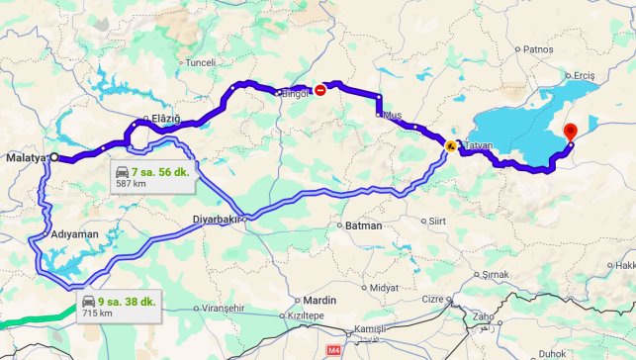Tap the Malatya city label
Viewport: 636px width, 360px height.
[26, 157]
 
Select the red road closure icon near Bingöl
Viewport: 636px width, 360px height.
[318, 90]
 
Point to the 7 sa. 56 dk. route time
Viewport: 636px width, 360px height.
[166, 171]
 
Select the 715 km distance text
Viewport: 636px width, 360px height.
[97, 313]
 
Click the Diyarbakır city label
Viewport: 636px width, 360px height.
[216, 220]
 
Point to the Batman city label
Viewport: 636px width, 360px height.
[362, 226]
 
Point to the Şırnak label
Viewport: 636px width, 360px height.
[495, 274]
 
